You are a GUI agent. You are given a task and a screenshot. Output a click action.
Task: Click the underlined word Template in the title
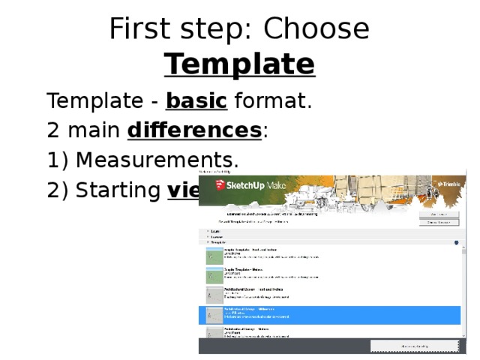(x=240, y=64)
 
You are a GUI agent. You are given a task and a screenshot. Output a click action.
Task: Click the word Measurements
(x=157, y=160)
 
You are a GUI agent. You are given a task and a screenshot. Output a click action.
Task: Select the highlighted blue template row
(x=330, y=314)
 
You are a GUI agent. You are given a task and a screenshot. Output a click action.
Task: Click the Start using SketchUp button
(x=413, y=346)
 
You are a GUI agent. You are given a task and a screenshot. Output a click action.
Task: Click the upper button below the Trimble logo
(x=438, y=214)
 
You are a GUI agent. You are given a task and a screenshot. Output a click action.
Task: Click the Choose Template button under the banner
(x=438, y=222)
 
